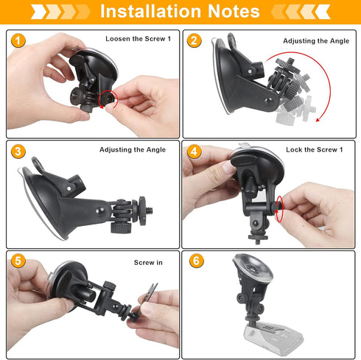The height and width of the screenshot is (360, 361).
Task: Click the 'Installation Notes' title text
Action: pos(180,12)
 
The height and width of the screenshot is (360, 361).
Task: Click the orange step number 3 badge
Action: pos(18,152)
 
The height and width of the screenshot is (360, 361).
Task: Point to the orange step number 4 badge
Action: pos(194,152)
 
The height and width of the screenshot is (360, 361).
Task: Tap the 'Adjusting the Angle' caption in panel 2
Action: pos(315,41)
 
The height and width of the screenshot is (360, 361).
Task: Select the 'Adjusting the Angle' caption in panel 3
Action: pos(133,149)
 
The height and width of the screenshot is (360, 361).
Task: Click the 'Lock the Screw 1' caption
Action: pos(315,149)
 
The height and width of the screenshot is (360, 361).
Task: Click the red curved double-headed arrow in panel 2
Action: pos(302,88)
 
